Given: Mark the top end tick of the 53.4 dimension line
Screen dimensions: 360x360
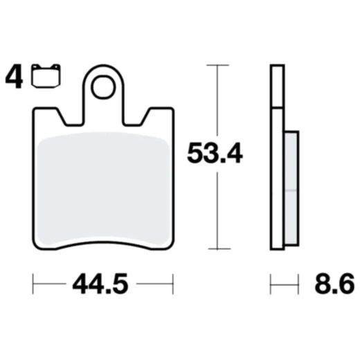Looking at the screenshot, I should click(218, 66).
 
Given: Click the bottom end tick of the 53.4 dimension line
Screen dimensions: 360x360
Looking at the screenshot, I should click(218, 249).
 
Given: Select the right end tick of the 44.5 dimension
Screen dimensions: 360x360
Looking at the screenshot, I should click(172, 284).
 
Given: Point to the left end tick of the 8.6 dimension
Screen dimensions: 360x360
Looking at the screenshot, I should click(270, 284).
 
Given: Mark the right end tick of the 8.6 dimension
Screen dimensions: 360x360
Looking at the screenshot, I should click(298, 284).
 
